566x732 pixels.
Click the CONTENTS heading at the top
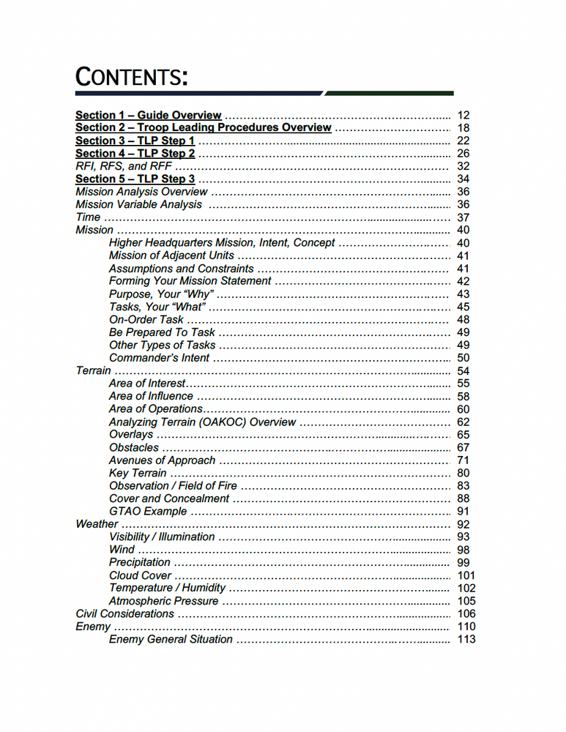click(x=131, y=75)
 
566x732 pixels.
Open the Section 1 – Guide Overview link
click(x=149, y=115)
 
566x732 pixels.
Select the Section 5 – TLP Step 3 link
click(x=135, y=179)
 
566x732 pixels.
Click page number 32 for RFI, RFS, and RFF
click(x=463, y=166)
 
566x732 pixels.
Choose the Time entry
click(x=88, y=217)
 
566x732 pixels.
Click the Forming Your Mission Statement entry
click(x=190, y=281)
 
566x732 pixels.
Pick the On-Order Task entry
click(x=146, y=320)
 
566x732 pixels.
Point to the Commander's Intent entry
click(x=159, y=358)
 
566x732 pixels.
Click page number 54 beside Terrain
click(x=463, y=371)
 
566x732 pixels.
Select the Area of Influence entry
click(x=151, y=396)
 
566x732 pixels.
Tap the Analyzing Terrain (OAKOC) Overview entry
click(x=202, y=422)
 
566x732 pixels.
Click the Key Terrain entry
click(x=138, y=473)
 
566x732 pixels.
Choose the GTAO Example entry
click(x=148, y=511)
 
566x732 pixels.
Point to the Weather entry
click(x=97, y=524)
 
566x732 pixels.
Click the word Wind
click(x=122, y=550)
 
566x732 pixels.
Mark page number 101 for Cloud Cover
click(x=466, y=575)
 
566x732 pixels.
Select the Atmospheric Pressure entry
click(x=163, y=601)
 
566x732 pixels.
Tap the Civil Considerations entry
click(x=125, y=613)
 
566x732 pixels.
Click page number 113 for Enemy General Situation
click(x=466, y=639)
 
